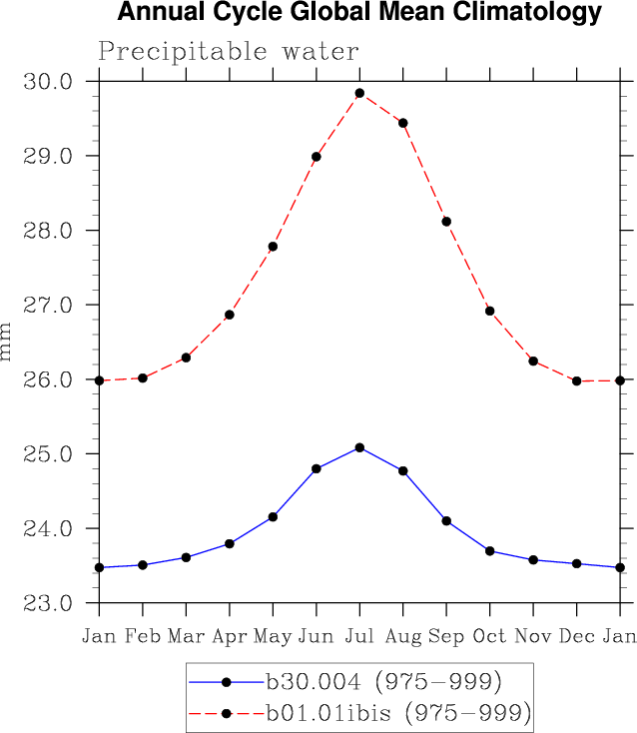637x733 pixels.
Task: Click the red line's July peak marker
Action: click(359, 93)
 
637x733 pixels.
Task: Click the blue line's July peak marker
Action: click(359, 447)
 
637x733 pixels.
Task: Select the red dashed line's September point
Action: click(446, 222)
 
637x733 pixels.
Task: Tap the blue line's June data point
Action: click(317, 468)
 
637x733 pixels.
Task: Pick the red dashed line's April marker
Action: click(230, 315)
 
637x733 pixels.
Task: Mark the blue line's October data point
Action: click(489, 550)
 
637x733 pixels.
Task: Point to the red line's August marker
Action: click(402, 123)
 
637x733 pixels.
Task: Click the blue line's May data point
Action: click(273, 516)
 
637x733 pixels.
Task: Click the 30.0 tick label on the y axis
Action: click(52, 81)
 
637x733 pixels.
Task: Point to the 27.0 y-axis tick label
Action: click(52, 305)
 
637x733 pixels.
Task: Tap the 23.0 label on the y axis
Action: click(52, 603)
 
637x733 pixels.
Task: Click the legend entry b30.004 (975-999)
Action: click(382, 682)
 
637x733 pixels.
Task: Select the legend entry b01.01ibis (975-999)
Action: click(397, 713)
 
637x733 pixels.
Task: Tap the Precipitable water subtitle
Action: click(228, 51)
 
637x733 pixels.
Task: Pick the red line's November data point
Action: click(533, 361)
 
